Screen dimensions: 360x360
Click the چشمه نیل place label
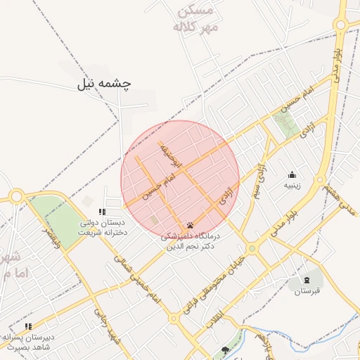(105, 84)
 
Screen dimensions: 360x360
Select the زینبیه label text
(292, 186)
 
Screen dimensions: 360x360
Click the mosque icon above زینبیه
(292, 175)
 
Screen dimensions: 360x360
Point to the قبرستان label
(307, 290)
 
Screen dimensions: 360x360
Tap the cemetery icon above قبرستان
(307, 279)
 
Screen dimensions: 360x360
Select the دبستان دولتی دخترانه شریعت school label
(103, 227)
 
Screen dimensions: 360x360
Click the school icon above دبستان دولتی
(102, 212)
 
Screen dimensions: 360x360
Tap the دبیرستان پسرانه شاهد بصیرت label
(28, 342)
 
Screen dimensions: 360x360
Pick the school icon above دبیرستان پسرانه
(28, 326)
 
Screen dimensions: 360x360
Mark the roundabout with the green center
(252, 247)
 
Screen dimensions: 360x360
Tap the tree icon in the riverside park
(225, 349)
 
